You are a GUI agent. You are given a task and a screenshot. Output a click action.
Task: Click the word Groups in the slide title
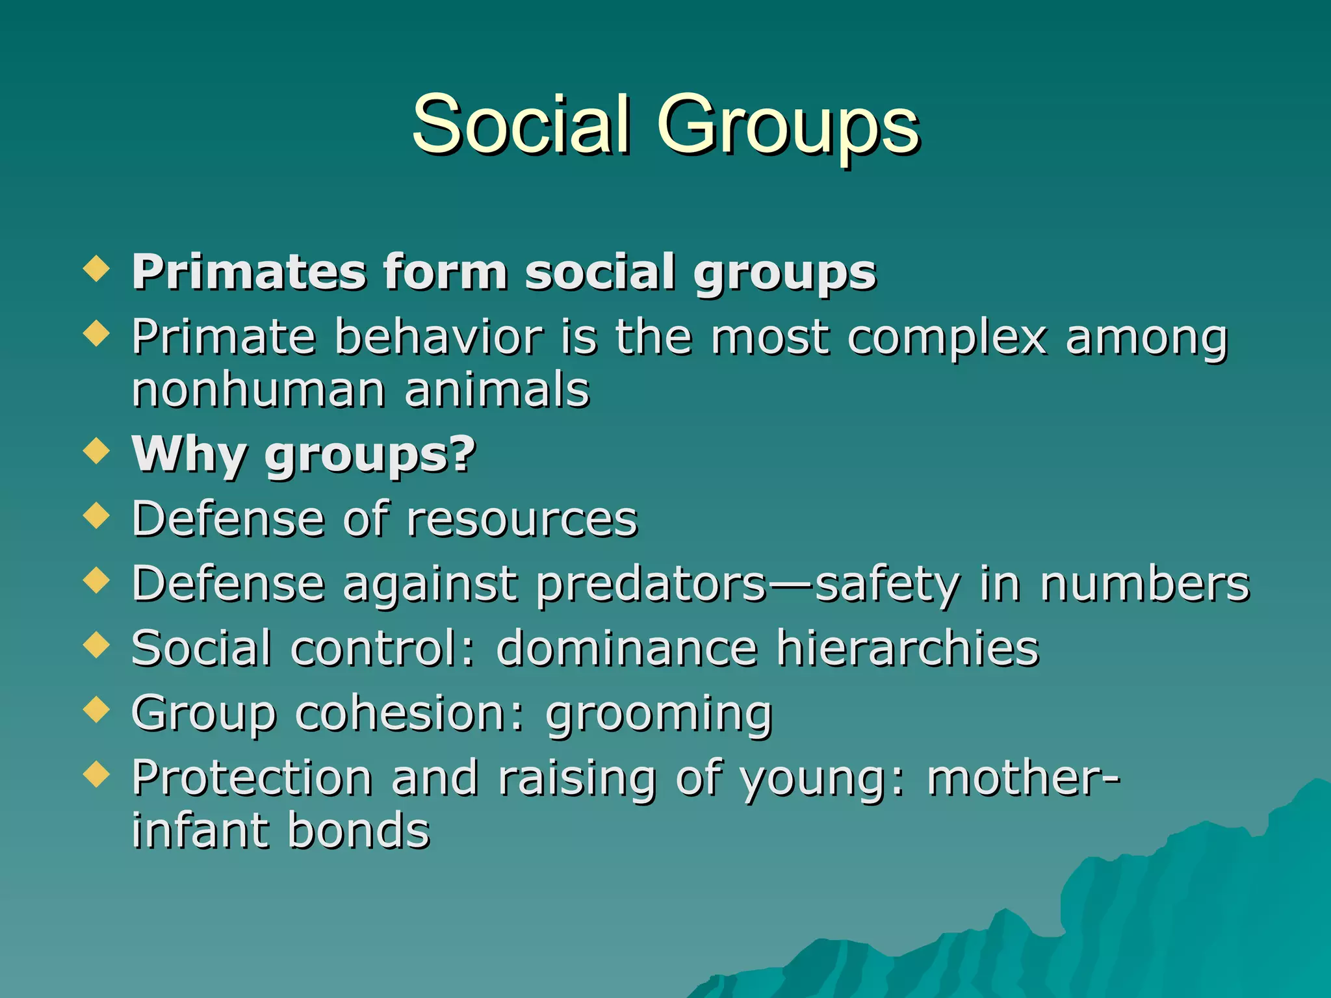click(x=788, y=127)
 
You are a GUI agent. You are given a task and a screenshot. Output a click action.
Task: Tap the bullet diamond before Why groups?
click(x=97, y=450)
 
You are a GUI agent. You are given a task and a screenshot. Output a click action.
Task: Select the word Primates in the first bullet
click(x=249, y=272)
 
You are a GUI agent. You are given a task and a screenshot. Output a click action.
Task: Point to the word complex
click(x=948, y=339)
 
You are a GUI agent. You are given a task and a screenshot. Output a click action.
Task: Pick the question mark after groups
click(x=464, y=453)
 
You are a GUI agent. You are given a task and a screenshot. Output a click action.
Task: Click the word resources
click(x=523, y=520)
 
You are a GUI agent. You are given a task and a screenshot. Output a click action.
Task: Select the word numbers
click(x=1144, y=583)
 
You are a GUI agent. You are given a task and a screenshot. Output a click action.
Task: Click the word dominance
click(x=627, y=648)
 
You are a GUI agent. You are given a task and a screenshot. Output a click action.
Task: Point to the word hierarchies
click(x=908, y=648)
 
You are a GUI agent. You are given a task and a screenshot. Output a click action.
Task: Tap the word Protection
click(x=252, y=778)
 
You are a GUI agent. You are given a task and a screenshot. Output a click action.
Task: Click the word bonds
click(x=359, y=831)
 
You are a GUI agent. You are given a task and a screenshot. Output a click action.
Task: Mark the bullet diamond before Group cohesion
click(x=97, y=710)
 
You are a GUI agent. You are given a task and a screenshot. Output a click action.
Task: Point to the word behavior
click(x=439, y=338)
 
